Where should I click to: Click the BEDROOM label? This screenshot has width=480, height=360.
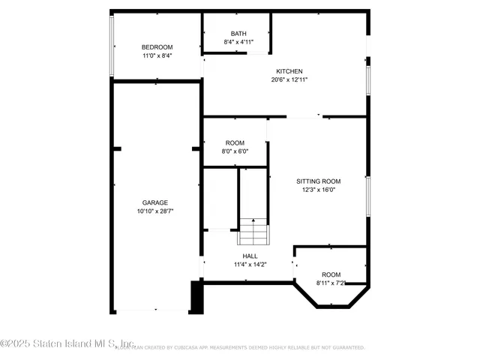click(157, 47)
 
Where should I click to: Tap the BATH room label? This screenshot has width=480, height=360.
click(238, 34)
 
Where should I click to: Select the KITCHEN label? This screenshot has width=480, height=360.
click(289, 71)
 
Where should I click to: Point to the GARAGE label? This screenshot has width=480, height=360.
click(155, 202)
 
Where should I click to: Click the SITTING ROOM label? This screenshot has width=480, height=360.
click(319, 181)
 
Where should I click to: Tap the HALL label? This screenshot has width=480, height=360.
click(250, 256)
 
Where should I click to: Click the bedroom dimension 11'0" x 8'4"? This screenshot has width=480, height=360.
click(157, 55)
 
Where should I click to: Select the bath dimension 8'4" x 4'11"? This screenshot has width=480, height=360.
click(238, 42)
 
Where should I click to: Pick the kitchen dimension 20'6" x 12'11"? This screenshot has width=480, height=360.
click(289, 79)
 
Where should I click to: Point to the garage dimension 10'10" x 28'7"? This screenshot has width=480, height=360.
click(155, 211)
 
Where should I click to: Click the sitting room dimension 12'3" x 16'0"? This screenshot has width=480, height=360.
click(319, 190)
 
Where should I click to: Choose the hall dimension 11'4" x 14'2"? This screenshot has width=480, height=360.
click(250, 264)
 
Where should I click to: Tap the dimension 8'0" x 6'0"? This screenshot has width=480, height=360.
click(235, 151)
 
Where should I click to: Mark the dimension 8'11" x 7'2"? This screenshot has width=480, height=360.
click(331, 283)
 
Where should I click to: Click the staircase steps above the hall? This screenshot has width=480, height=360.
click(253, 235)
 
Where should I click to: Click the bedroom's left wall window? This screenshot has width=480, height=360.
click(112, 45)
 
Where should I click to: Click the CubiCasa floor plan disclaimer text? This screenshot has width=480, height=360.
click(240, 348)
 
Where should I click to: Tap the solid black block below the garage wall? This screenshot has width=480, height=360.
click(197, 298)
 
